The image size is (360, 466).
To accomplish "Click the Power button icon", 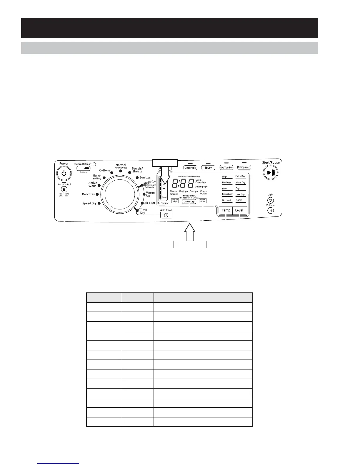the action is pyautogui.click(x=64, y=173).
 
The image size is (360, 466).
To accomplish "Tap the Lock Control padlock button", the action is pyautogui.click(x=64, y=189).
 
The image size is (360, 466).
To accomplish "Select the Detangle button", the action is pyautogui.click(x=190, y=168).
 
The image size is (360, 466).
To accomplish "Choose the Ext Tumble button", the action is pyautogui.click(x=226, y=168).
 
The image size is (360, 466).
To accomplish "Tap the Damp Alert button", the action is pyautogui.click(x=244, y=167).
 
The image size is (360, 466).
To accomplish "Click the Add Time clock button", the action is pyautogui.click(x=166, y=215).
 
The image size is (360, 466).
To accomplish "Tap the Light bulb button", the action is pyautogui.click(x=271, y=200).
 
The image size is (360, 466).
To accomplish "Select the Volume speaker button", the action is pyautogui.click(x=271, y=210).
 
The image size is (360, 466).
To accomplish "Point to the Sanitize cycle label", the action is pyautogui.click(x=145, y=177).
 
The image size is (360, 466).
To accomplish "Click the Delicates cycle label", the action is pyautogui.click(x=88, y=194).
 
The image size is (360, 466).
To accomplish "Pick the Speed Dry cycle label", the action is pyautogui.click(x=89, y=203).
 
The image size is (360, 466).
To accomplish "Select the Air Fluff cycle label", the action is pyautogui.click(x=150, y=203).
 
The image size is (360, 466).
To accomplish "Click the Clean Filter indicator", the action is pyautogui.click(x=203, y=200).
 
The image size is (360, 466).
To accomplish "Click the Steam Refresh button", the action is pyautogui.click(x=83, y=169).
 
